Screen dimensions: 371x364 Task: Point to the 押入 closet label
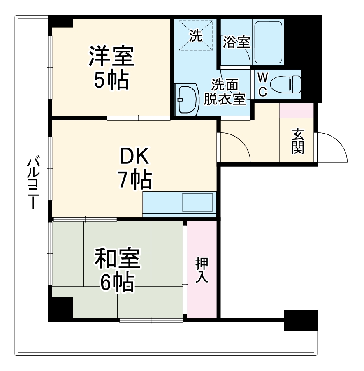coord(202,270)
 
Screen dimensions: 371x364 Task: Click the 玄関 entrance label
coord(298,141)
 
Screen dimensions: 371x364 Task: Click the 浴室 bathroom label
coord(236,42)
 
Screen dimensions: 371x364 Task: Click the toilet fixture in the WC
coord(288,84)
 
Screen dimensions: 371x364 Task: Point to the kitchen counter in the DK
coord(179,204)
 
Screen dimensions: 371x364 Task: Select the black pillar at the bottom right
coord(301,320)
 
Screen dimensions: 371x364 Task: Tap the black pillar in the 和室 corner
coord(60,308)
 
